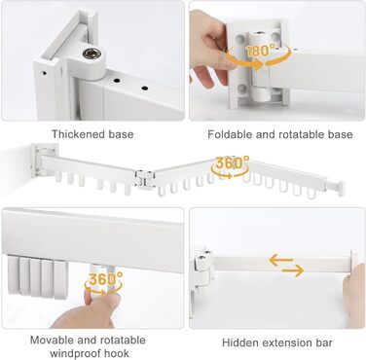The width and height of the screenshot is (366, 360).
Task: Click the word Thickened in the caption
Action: pos(79,134)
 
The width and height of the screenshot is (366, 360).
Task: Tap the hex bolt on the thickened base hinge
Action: pos(89,54)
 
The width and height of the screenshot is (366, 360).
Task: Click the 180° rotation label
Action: pos(261,51)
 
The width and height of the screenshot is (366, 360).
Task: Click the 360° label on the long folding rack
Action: pos(233,162)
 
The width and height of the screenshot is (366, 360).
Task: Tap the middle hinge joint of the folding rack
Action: pos(144,179)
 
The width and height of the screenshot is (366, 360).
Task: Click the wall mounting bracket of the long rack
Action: pos(44,160)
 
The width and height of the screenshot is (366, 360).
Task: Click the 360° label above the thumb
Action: pos(105,279)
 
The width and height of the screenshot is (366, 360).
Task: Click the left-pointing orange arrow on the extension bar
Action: pos(281,260)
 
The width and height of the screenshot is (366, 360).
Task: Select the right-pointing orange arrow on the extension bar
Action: pos(292,270)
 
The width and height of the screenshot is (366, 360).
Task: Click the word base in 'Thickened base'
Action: pos(121,134)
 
